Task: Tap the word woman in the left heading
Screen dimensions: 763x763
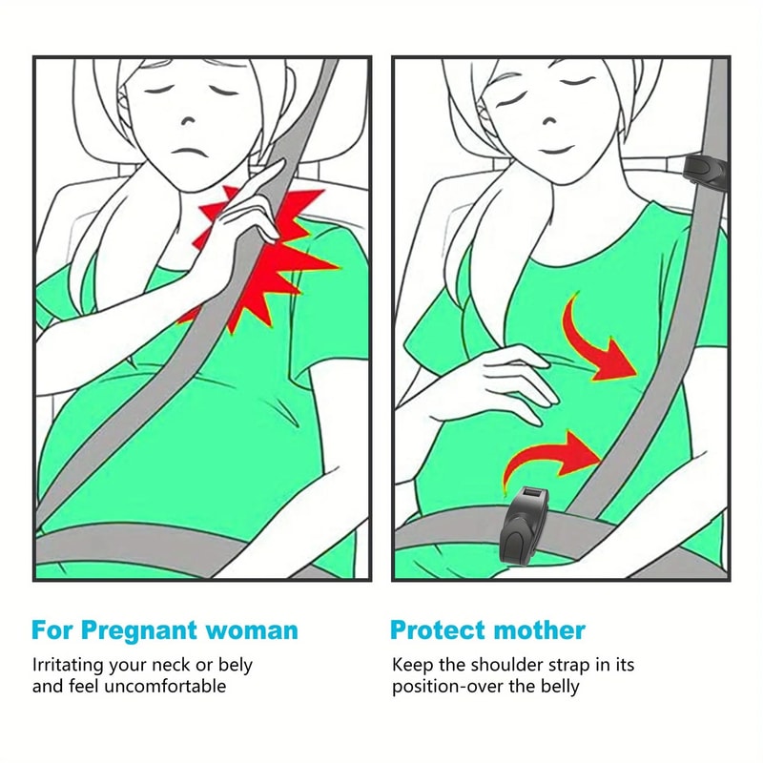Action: [251, 630]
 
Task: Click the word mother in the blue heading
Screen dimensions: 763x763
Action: [540, 630]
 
